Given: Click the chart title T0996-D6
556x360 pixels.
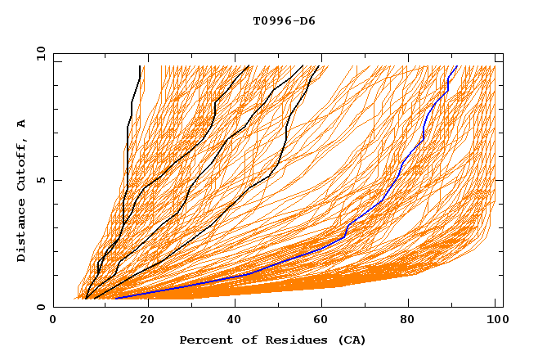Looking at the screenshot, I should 284,21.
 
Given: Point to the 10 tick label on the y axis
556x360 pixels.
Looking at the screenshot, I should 39,53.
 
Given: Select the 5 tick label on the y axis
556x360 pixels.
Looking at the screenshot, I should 43,180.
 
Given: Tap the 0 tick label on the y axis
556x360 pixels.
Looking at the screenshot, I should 43,307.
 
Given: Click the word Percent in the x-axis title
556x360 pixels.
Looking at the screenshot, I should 204,340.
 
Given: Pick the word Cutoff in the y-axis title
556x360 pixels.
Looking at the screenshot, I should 22,161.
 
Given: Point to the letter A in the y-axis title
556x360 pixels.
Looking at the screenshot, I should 22,123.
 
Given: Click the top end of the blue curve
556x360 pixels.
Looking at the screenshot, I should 456,66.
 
